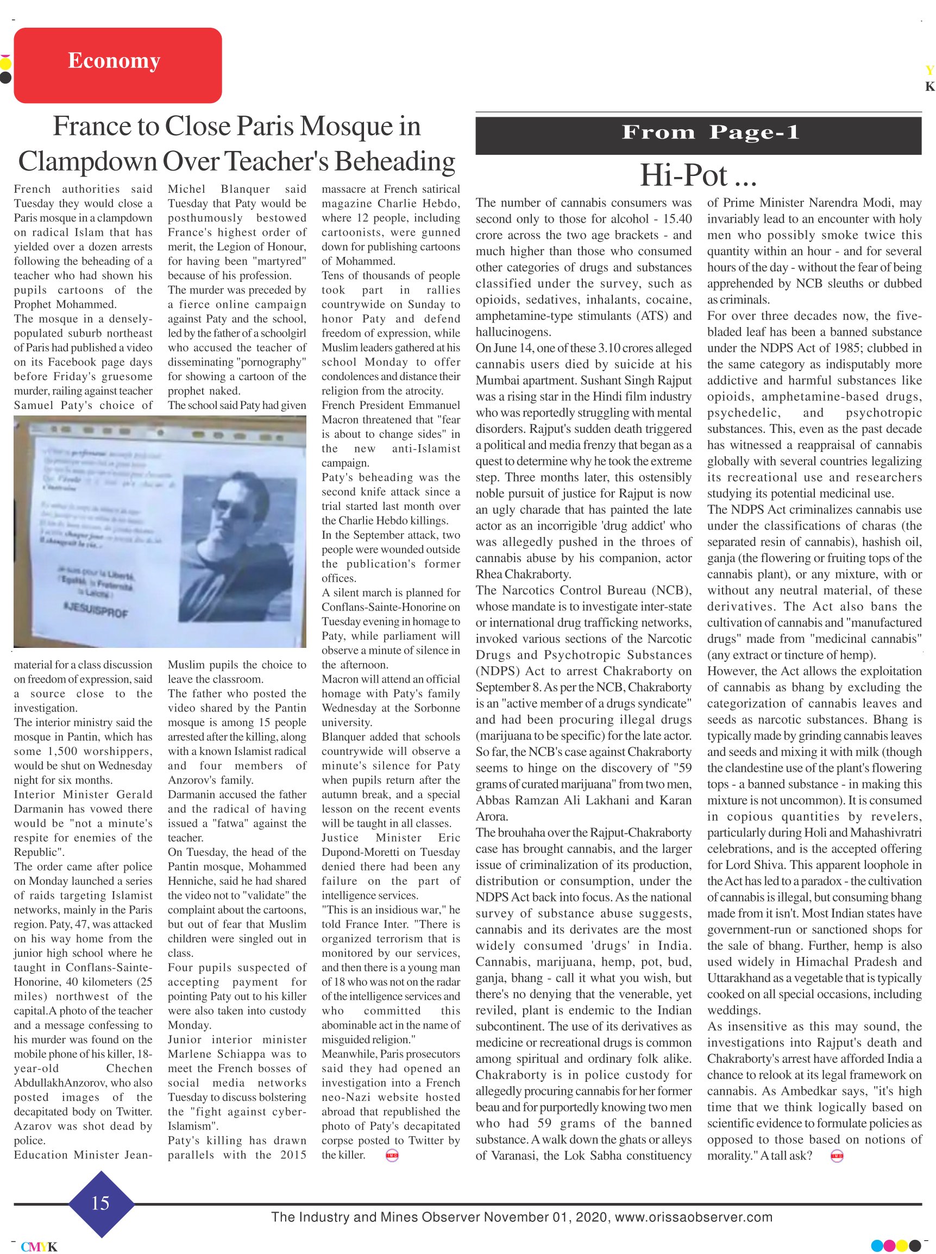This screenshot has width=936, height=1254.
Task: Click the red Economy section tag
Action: pyautogui.click(x=117, y=65)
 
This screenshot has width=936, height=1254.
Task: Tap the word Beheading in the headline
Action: pyautogui.click(x=394, y=161)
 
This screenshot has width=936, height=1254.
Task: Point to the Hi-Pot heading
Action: pyautogui.click(x=698, y=175)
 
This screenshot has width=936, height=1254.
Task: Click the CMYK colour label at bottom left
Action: pyautogui.click(x=39, y=1246)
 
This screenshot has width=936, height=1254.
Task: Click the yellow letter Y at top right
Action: pyautogui.click(x=929, y=71)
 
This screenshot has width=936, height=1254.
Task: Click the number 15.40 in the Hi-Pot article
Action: pyautogui.click(x=677, y=219)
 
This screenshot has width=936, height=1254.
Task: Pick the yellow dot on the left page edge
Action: pyautogui.click(x=5, y=64)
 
